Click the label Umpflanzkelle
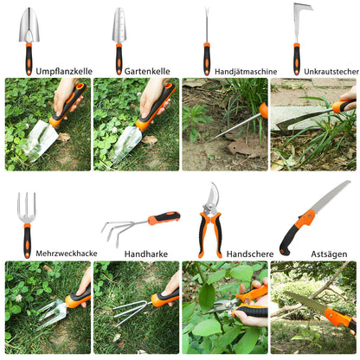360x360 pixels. (x=64, y=72)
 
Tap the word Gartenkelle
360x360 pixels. (x=147, y=71)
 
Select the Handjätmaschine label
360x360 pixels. (x=246, y=72)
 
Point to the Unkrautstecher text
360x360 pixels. (x=331, y=72)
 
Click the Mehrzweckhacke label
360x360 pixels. (x=67, y=254)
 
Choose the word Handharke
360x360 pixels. (x=146, y=254)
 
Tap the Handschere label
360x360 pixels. (x=250, y=254)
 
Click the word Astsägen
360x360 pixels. (x=329, y=254)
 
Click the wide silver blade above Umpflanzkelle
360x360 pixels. (x=29, y=26)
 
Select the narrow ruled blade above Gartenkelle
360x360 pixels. (x=119, y=25)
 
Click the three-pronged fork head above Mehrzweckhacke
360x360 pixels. (x=27, y=208)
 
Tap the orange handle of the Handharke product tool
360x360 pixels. (x=164, y=218)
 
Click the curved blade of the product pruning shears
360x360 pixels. (x=213, y=196)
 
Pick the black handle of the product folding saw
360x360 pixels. (x=289, y=239)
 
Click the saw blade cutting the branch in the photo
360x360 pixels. (x=305, y=301)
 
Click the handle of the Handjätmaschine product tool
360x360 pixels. (x=207, y=59)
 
